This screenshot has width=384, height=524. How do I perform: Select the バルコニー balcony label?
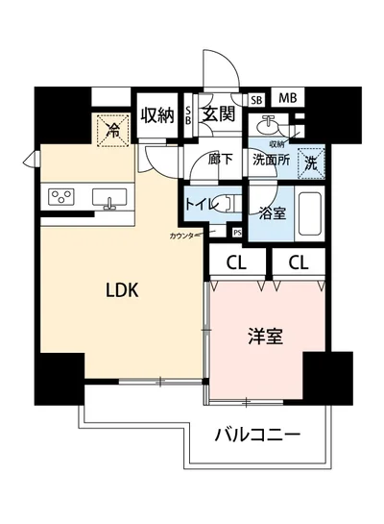(x=256, y=436)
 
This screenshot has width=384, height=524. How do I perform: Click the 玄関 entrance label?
(x=220, y=114)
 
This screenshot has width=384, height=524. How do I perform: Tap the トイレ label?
(x=200, y=203)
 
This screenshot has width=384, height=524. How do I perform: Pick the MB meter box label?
(x=288, y=99)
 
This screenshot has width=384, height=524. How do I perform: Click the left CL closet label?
(x=234, y=262)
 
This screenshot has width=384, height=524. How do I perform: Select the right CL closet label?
(x=300, y=262)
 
